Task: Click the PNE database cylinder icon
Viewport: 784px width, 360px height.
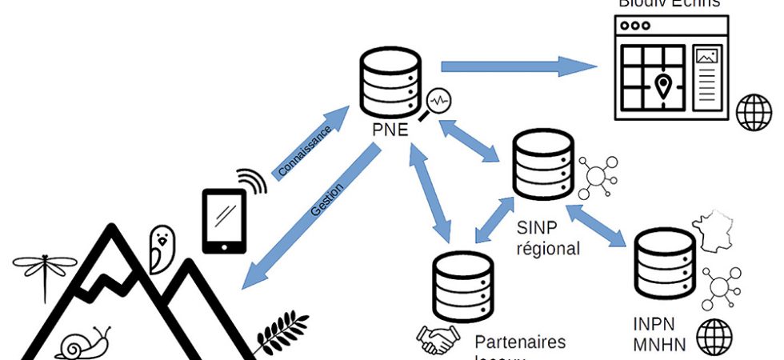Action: point(390,85)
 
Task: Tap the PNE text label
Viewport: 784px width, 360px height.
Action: point(390,129)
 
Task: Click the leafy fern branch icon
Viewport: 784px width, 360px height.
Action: point(282,334)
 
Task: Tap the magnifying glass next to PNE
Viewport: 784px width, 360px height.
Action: point(438,103)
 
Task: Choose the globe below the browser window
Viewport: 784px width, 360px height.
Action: point(753,113)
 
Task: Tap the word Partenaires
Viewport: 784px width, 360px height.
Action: point(520,342)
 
